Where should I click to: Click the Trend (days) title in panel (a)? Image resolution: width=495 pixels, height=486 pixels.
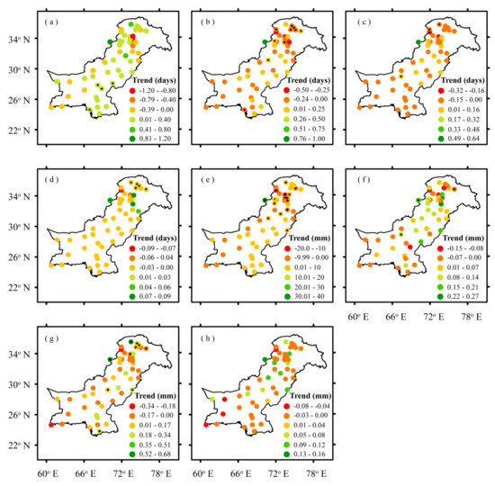click(154, 77)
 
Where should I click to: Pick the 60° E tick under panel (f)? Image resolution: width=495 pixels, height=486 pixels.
click(358, 316)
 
